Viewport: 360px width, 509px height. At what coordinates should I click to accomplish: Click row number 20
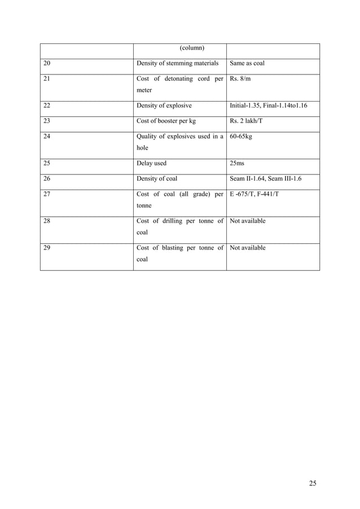point(47,63)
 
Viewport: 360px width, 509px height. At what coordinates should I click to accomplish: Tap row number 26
point(47,179)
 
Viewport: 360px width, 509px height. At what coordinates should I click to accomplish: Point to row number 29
point(47,248)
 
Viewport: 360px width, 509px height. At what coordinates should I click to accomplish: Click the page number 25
point(313,482)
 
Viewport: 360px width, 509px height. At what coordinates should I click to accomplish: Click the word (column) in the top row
point(192,47)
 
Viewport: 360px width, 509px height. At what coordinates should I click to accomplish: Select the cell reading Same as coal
point(247,63)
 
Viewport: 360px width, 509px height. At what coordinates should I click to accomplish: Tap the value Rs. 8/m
point(240,78)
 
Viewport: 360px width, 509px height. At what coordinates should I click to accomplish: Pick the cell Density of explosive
point(164,105)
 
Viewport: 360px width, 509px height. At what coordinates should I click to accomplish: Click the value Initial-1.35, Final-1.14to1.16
point(269,105)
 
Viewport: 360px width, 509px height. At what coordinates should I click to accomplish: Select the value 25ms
point(237,164)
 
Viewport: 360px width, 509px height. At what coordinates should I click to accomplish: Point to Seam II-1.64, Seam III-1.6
point(266,179)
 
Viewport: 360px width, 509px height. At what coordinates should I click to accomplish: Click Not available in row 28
point(248,221)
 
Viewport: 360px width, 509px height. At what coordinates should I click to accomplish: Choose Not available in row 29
point(248,248)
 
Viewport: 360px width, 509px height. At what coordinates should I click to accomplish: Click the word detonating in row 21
point(179,78)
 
